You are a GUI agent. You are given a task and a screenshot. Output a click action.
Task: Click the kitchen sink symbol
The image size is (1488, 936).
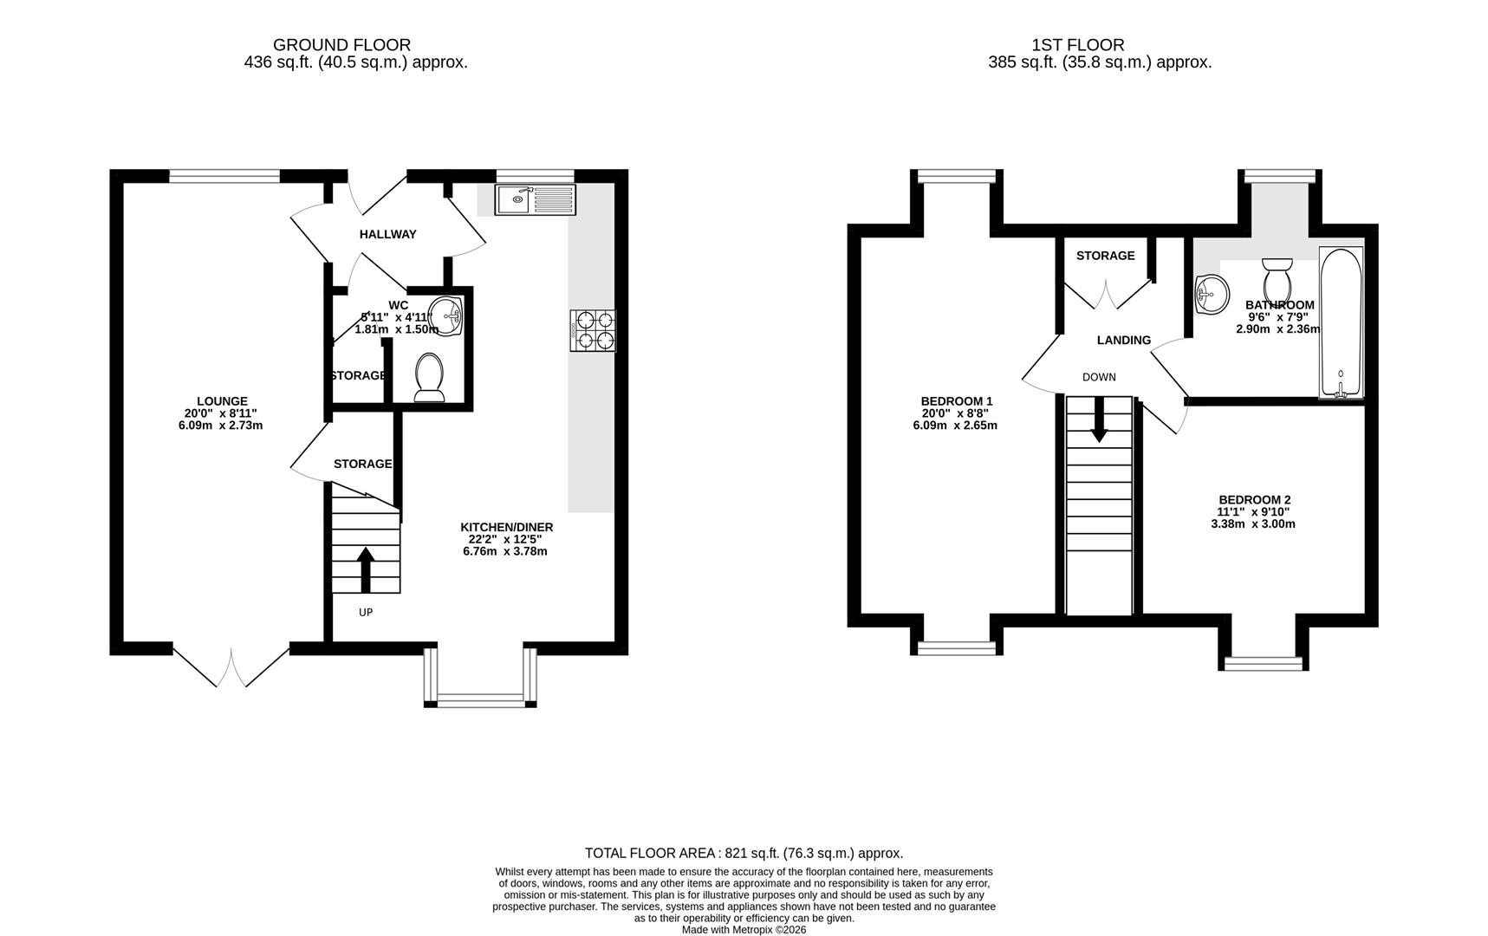click(535, 200)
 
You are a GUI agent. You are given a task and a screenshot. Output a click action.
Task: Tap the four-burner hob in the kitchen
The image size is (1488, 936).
click(594, 330)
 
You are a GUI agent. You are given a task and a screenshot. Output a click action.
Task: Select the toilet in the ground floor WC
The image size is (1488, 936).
click(429, 379)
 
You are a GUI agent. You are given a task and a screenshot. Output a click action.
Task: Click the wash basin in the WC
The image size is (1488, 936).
click(448, 315)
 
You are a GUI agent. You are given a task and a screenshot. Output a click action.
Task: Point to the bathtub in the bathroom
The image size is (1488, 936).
click(1341, 323)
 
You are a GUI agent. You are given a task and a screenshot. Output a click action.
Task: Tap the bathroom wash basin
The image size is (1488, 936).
click(1212, 295)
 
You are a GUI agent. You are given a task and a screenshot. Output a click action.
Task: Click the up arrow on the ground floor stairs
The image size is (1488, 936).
click(366, 568)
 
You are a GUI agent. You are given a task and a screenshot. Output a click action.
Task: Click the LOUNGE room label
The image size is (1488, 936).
click(222, 401)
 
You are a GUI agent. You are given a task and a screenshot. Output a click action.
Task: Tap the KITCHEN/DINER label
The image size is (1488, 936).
click(506, 527)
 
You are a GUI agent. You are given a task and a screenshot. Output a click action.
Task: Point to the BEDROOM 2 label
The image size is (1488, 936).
click(1254, 500)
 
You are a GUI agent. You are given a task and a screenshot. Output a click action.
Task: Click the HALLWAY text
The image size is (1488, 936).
click(387, 234)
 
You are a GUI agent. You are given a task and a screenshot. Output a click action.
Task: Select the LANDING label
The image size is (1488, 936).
click(1124, 341)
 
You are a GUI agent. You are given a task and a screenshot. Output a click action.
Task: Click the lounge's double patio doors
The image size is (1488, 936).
click(231, 666)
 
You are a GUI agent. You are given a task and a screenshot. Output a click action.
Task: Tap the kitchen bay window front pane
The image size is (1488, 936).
click(481, 699)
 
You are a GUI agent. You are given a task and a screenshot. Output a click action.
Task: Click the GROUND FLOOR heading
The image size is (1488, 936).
click(341, 45)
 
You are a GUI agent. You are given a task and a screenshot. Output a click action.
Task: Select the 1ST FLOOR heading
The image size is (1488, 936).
click(1077, 45)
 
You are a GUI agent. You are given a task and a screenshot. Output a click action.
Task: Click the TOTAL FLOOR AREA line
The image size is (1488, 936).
click(744, 853)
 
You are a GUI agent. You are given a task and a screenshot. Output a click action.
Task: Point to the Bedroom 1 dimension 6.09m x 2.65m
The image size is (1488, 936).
click(956, 426)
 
